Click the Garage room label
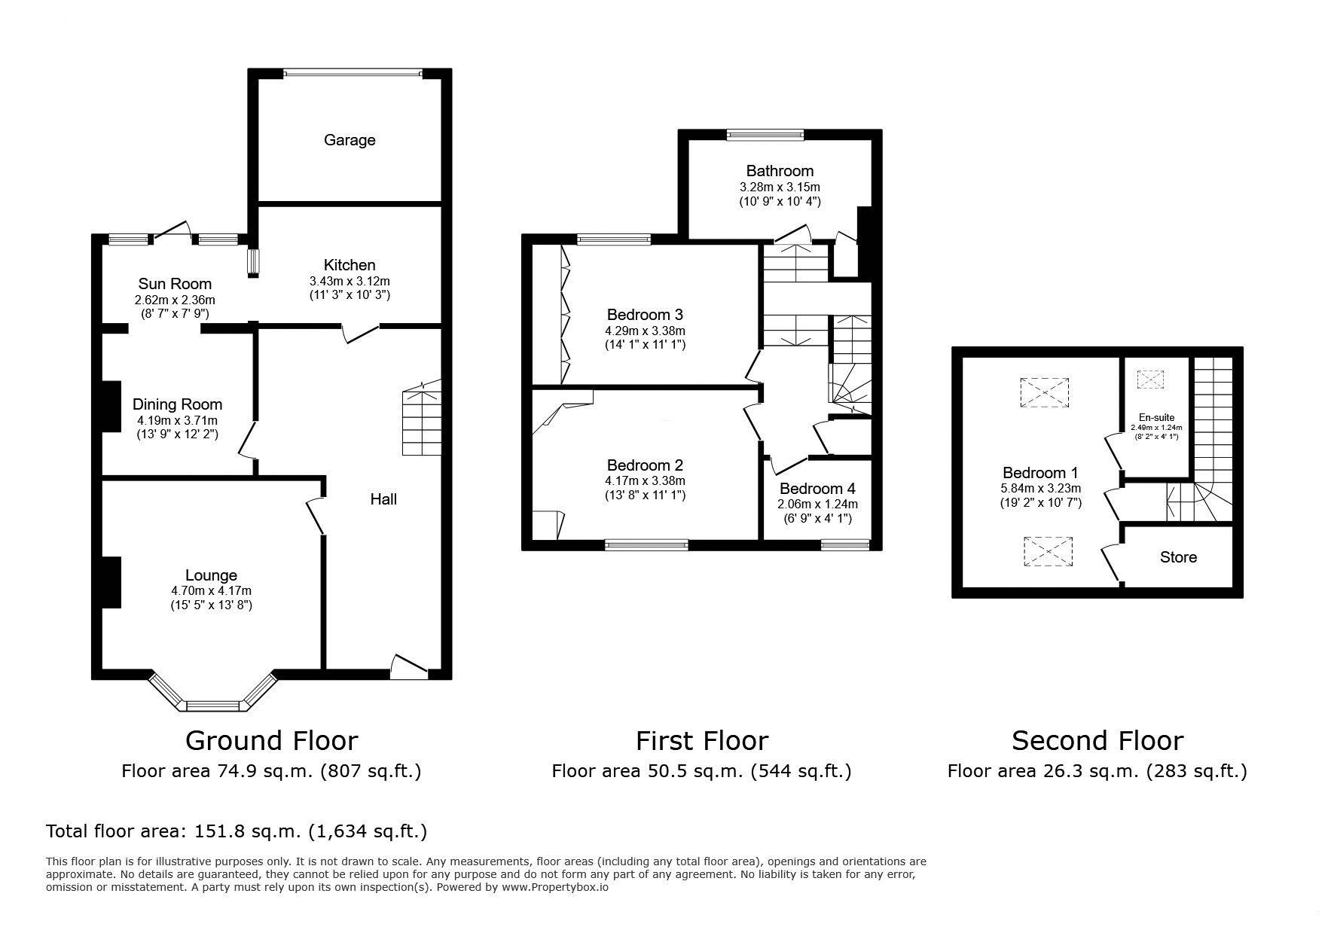click(x=350, y=140)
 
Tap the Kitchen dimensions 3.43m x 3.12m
click(x=350, y=281)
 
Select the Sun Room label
click(x=175, y=284)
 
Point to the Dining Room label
click(x=178, y=405)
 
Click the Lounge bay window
click(x=213, y=693)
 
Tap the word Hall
click(x=383, y=499)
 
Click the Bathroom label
click(x=780, y=171)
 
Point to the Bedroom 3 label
click(x=646, y=315)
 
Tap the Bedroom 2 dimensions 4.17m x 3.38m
click(x=646, y=481)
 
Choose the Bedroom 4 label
click(x=817, y=489)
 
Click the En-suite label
click(x=1156, y=418)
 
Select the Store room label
click(x=1178, y=557)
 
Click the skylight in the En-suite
click(x=1150, y=379)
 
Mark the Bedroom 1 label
click(x=1040, y=473)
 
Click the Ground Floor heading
click(x=271, y=741)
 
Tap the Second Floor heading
click(x=1097, y=741)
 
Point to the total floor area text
click(x=237, y=831)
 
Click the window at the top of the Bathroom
click(x=765, y=135)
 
